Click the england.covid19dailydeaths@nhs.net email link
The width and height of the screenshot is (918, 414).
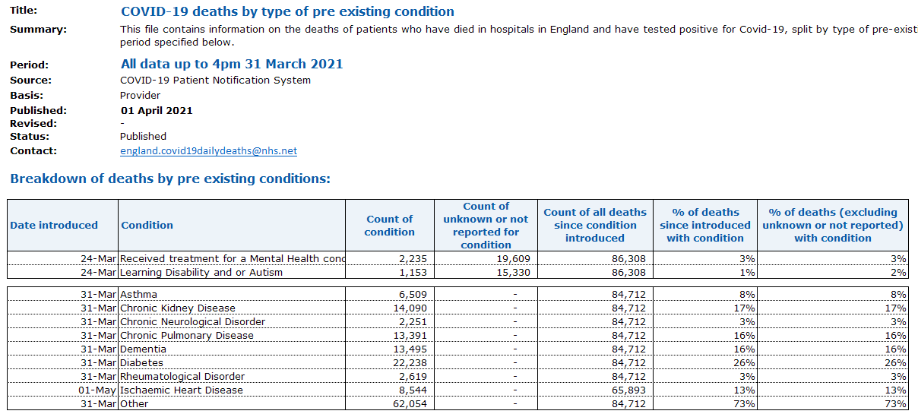pos(208,151)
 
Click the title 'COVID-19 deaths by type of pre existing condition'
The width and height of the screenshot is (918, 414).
pos(287,11)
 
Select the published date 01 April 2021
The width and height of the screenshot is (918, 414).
pos(156,110)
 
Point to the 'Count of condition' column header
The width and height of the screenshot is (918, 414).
pos(389,226)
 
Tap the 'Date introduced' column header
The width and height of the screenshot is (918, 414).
pos(54,225)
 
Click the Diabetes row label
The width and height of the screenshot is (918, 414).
pos(142,363)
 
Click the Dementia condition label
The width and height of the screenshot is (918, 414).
pos(143,349)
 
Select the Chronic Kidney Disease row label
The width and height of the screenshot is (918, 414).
pos(177,308)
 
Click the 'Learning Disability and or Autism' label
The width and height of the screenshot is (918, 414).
pos(201,273)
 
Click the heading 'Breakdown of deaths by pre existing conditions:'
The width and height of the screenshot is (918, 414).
pos(170,179)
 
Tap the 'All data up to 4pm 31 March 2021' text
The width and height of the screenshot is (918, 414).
pos(232,64)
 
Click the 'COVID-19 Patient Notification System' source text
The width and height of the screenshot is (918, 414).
pos(215,81)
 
